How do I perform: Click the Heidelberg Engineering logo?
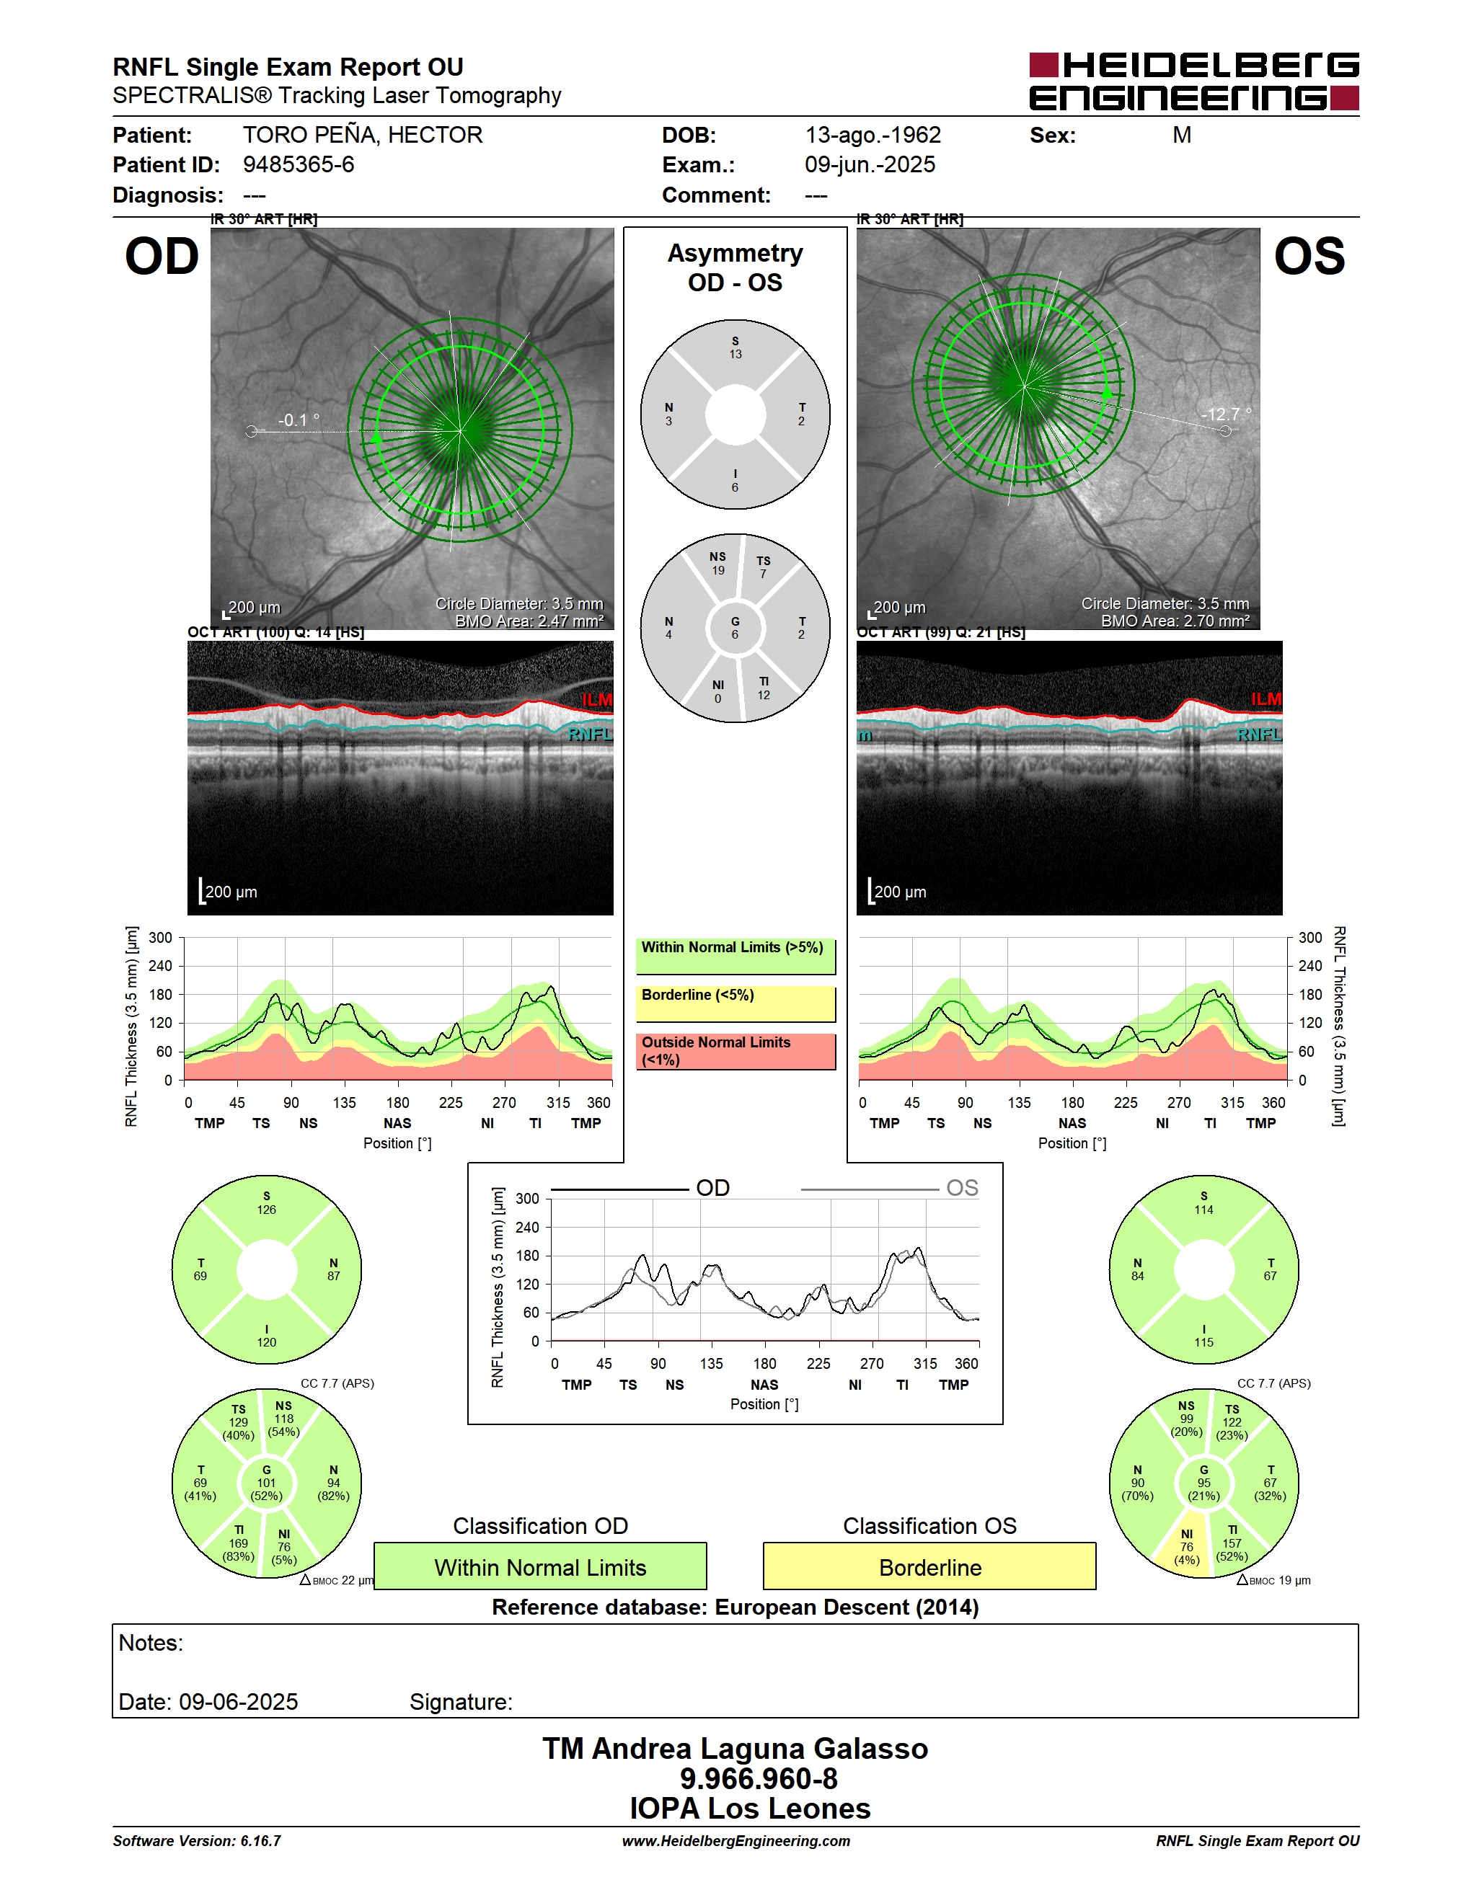click(1194, 81)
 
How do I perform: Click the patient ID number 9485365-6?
click(298, 164)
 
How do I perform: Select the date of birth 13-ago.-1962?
click(873, 135)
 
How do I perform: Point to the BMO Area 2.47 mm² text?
click(529, 621)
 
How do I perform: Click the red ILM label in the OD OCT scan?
click(597, 700)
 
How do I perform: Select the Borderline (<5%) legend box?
click(735, 1004)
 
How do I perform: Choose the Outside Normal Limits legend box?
click(735, 1051)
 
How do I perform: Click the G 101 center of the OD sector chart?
click(267, 1483)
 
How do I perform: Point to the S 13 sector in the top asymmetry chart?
click(735, 349)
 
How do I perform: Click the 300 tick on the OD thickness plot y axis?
click(160, 938)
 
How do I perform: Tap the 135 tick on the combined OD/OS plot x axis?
click(711, 1364)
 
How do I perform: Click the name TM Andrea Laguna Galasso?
click(735, 1749)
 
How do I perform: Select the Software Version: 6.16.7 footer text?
click(197, 1841)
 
